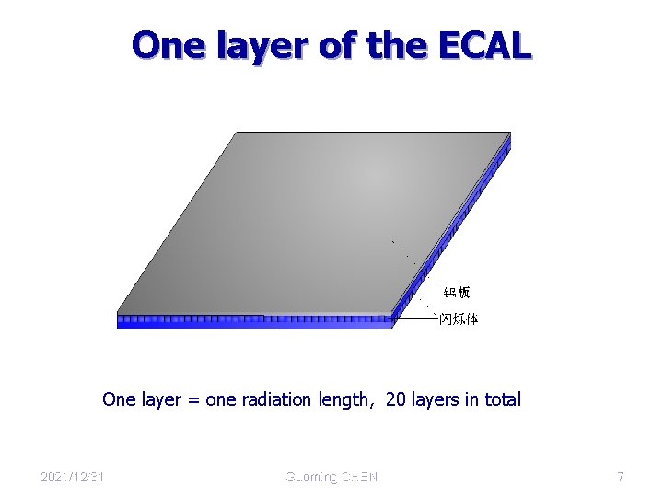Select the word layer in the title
click(x=262, y=45)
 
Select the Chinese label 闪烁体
click(x=458, y=319)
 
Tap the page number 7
click(x=621, y=477)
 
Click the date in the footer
click(x=72, y=477)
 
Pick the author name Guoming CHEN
click(x=331, y=477)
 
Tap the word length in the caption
click(x=345, y=399)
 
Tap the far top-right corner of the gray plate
click(x=508, y=133)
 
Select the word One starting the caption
click(x=118, y=399)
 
